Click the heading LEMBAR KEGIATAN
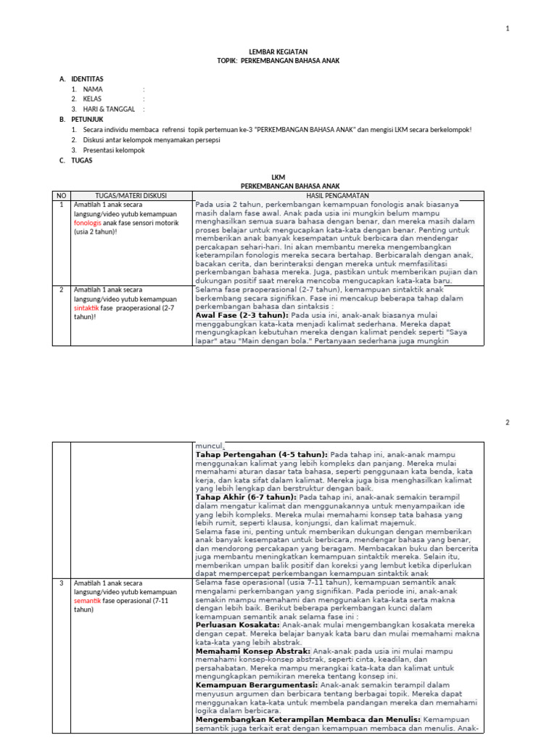tap(278, 52)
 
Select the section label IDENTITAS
tap(87, 78)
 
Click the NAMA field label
tap(93, 89)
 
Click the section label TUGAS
tap(82, 160)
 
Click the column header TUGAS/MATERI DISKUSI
tap(131, 196)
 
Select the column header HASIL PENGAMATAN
tap(338, 196)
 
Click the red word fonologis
tap(89, 223)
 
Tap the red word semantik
tap(88, 601)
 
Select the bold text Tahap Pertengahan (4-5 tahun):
tap(262, 454)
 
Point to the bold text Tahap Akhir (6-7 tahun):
tap(247, 497)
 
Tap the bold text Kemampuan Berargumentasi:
tap(257, 684)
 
